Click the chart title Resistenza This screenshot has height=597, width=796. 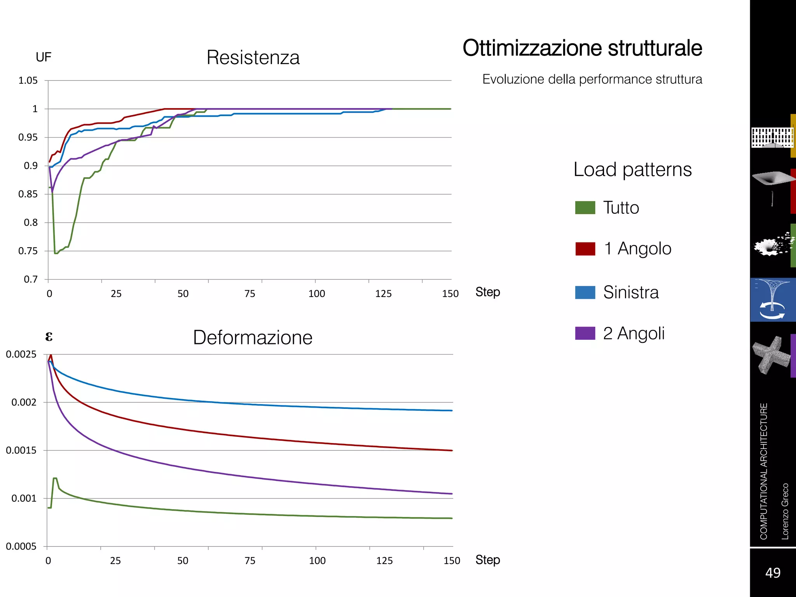click(x=253, y=58)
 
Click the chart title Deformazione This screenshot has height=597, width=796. click(x=253, y=337)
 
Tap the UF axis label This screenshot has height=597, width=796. click(x=44, y=57)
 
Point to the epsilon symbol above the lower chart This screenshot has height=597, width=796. click(x=49, y=336)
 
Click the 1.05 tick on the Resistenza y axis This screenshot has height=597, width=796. click(x=28, y=80)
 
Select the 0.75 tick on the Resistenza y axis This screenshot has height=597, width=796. click(x=28, y=251)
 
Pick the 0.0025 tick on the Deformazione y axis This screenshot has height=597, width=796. click(x=21, y=354)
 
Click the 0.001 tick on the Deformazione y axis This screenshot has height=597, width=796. click(x=24, y=498)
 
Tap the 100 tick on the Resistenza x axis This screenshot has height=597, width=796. click(x=316, y=293)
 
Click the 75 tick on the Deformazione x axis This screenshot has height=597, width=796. click(x=250, y=560)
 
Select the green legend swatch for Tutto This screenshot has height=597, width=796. click(x=585, y=208)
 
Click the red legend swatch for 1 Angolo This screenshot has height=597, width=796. click(x=585, y=249)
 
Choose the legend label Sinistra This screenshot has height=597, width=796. click(x=631, y=292)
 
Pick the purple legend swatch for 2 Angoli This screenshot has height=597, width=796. click(x=585, y=333)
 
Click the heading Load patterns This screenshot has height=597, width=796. click(x=632, y=169)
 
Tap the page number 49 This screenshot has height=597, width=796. click(x=773, y=573)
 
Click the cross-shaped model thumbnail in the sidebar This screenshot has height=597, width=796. click(x=771, y=355)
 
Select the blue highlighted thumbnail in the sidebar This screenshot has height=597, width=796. click(x=773, y=300)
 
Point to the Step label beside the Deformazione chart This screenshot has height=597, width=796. click(x=487, y=560)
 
